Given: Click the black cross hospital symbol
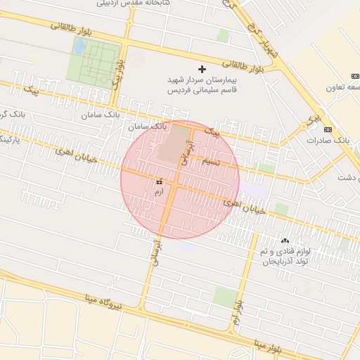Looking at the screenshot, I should pyautogui.click(x=202, y=69).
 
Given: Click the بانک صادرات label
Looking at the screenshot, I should pyautogui.click(x=328, y=140).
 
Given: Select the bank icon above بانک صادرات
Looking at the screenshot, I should pyautogui.click(x=328, y=129).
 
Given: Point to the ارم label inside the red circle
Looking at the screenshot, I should pyautogui.click(x=158, y=191).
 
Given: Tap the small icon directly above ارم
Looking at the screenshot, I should pyautogui.click(x=158, y=181).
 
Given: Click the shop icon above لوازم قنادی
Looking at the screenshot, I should pyautogui.click(x=285, y=241).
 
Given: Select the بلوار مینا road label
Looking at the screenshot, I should pyautogui.click(x=267, y=346).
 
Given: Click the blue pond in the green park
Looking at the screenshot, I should pyautogui.click(x=79, y=47).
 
